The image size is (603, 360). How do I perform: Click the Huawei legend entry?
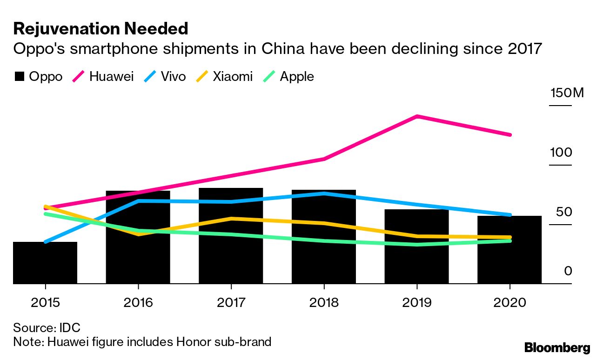pos(103,76)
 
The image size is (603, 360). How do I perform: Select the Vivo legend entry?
pos(166,76)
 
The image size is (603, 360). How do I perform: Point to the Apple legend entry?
pos(289,76)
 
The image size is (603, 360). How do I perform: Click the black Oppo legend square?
pos(19,76)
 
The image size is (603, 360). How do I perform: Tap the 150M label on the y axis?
pos(566,93)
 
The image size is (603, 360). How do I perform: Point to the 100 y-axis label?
pos(561,153)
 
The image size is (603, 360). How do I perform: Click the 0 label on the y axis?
pos(568,271)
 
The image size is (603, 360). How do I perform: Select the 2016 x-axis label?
pos(138,303)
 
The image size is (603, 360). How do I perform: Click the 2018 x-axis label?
pos(324,303)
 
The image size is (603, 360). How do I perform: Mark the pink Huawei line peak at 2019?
pos(417,116)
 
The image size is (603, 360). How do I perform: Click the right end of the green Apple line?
pos(510,240)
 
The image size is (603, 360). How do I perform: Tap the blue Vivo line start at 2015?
pos(45,242)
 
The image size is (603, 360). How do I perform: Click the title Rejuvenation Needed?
pos(100,29)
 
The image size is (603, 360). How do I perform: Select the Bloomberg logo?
pos(557,347)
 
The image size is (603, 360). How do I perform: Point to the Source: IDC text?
pos(47,327)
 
